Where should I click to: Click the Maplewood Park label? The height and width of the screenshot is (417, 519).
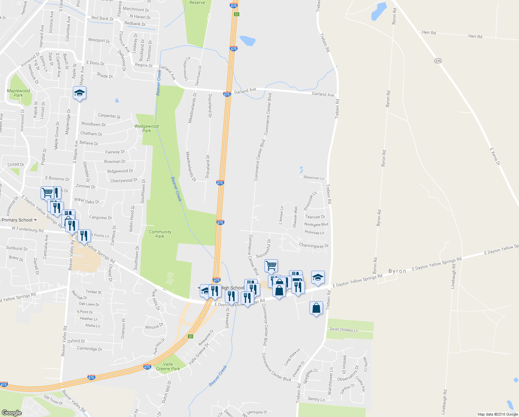click(x=18, y=93)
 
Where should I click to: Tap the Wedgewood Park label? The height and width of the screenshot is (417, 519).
click(x=146, y=128)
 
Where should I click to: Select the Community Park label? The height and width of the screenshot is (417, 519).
click(x=160, y=234)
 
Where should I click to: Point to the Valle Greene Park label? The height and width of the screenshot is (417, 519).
click(x=168, y=367)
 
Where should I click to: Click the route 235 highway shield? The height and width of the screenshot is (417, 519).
click(x=438, y=60)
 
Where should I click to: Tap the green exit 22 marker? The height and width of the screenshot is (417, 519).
click(x=237, y=14)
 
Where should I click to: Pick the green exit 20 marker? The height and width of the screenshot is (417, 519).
click(x=190, y=336)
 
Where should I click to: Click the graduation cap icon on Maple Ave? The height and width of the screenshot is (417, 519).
click(x=79, y=93)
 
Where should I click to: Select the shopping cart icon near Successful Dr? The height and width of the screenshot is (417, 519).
click(x=271, y=266)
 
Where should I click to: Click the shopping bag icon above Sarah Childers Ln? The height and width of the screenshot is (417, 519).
click(x=316, y=308)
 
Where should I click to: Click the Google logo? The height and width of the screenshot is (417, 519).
click(x=11, y=412)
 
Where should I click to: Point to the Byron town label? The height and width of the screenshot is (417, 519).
click(x=397, y=271)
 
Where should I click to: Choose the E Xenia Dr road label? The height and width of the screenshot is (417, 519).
click(x=495, y=156)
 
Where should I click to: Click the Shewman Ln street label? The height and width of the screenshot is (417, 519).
click(x=314, y=178)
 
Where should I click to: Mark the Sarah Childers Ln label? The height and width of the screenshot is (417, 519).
click(x=343, y=329)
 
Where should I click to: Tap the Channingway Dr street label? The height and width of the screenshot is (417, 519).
click(x=314, y=246)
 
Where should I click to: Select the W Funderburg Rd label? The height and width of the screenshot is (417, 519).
click(x=27, y=230)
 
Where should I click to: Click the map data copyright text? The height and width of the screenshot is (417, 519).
click(x=497, y=414)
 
